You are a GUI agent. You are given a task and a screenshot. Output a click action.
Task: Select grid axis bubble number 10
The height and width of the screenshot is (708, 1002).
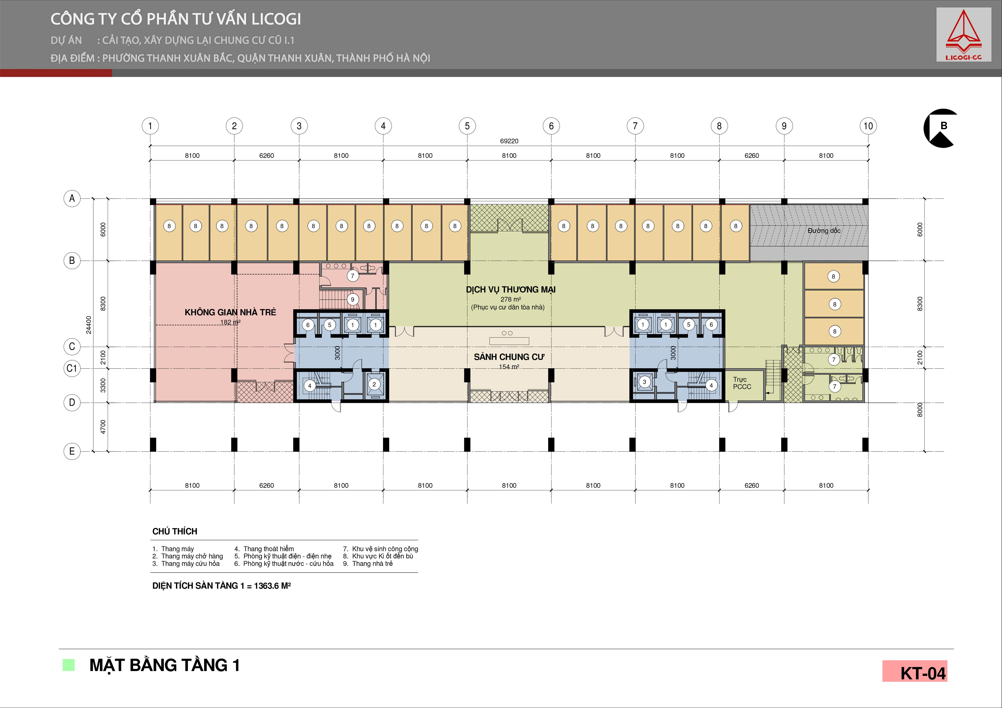point(868,126)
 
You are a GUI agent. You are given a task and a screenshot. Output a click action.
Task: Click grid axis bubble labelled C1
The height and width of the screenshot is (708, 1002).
point(72,368)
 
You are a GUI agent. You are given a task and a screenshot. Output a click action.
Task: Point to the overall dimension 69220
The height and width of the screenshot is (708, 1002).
point(509,141)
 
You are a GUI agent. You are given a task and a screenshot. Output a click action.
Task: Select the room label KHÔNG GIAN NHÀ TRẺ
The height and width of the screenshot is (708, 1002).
point(231,312)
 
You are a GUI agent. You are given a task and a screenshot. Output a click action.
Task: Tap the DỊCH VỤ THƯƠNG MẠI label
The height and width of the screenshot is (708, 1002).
point(511,290)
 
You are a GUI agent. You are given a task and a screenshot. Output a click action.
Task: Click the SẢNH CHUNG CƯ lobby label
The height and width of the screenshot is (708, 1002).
point(509,357)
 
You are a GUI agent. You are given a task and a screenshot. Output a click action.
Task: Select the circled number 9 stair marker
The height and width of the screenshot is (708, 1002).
point(353,300)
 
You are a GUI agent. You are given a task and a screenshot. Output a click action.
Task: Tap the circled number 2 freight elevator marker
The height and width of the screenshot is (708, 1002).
point(374,384)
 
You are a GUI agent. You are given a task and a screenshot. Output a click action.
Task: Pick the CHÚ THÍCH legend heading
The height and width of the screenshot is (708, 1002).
point(175,532)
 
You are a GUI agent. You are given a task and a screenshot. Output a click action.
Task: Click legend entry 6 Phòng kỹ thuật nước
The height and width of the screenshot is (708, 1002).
point(284,564)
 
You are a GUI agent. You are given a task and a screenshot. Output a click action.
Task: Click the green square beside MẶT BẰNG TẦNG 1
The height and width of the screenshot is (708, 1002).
point(68,665)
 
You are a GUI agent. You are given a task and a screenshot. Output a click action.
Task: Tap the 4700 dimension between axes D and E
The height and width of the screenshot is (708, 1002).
point(103,427)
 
